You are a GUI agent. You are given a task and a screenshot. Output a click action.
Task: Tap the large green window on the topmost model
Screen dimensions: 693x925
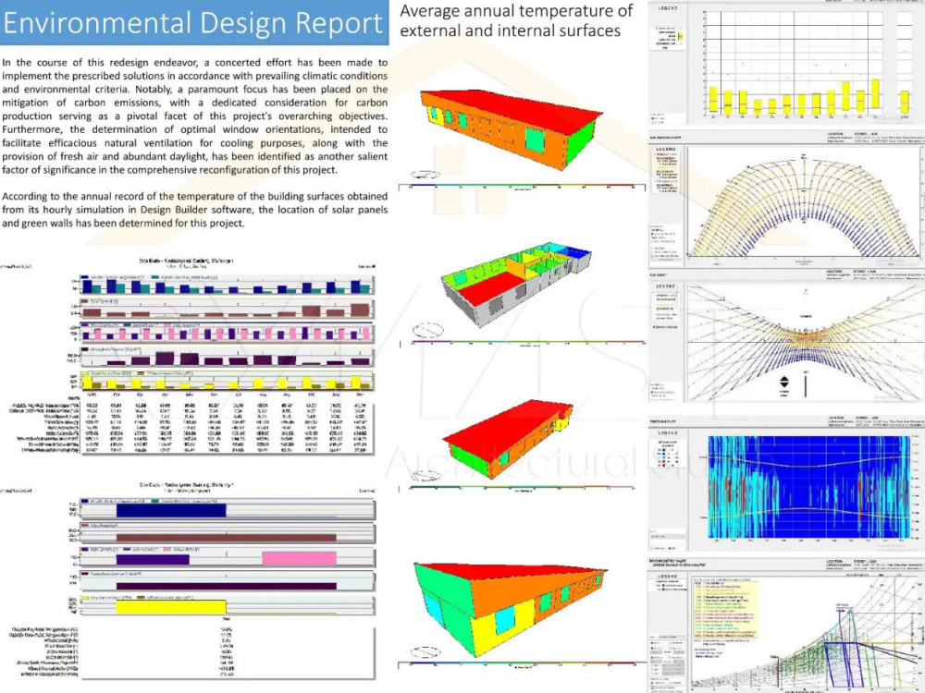click(535, 140)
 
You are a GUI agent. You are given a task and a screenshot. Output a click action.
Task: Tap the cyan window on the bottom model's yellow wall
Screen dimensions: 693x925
click(504, 620)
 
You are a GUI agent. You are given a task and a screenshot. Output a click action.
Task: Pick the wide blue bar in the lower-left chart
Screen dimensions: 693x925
click(170, 510)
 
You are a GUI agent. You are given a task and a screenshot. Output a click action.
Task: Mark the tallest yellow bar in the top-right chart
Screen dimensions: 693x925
click(875, 93)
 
